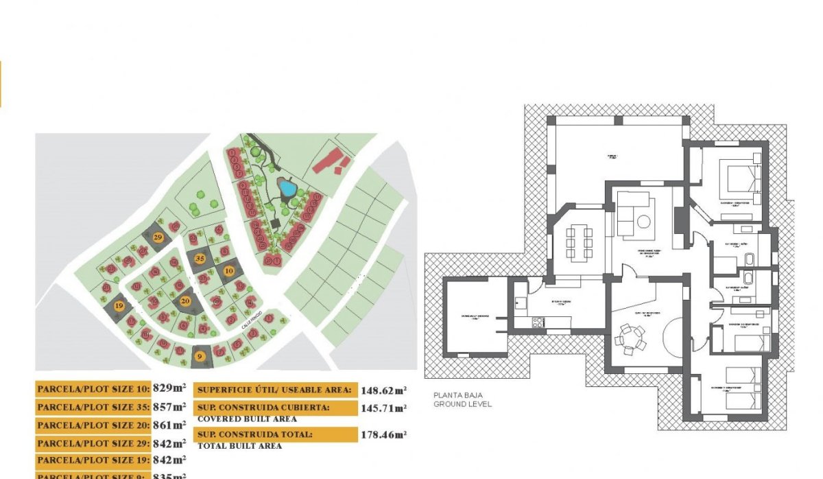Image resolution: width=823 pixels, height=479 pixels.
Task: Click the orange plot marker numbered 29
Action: pyautogui.click(x=158, y=237)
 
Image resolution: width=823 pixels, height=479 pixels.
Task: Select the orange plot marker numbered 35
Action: pyautogui.click(x=200, y=259)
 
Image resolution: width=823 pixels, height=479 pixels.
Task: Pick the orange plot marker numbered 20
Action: pyautogui.click(x=185, y=301)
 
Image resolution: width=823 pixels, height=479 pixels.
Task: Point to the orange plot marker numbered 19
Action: pyautogui.click(x=120, y=306)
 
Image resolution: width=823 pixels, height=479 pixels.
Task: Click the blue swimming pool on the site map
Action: pyautogui.click(x=287, y=187)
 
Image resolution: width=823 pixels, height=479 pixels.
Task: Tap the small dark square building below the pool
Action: pyautogui.click(x=275, y=224)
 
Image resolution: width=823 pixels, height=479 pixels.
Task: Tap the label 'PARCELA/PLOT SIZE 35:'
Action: pyautogui.click(x=93, y=407)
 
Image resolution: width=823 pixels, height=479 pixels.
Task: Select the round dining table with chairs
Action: pyautogui.click(x=629, y=337)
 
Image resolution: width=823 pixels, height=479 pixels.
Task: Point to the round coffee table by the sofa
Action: pyautogui.click(x=645, y=222)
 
